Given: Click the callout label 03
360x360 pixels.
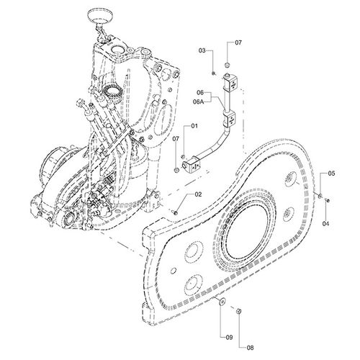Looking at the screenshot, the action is pyautogui.click(x=202, y=50).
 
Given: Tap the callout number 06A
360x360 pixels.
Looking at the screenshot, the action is pyautogui.click(x=198, y=102).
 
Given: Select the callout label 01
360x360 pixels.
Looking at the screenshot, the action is pyautogui.click(x=194, y=126).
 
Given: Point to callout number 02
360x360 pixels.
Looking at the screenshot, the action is pyautogui.click(x=198, y=194).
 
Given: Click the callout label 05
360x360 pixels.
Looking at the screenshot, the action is pyautogui.click(x=331, y=174).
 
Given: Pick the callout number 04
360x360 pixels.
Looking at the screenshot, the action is pyautogui.click(x=325, y=224).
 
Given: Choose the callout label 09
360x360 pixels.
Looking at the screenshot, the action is pyautogui.click(x=229, y=338).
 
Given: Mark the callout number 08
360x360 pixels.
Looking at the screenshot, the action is pyautogui.click(x=250, y=348).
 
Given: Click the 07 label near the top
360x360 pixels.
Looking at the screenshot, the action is pyautogui.click(x=238, y=42).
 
